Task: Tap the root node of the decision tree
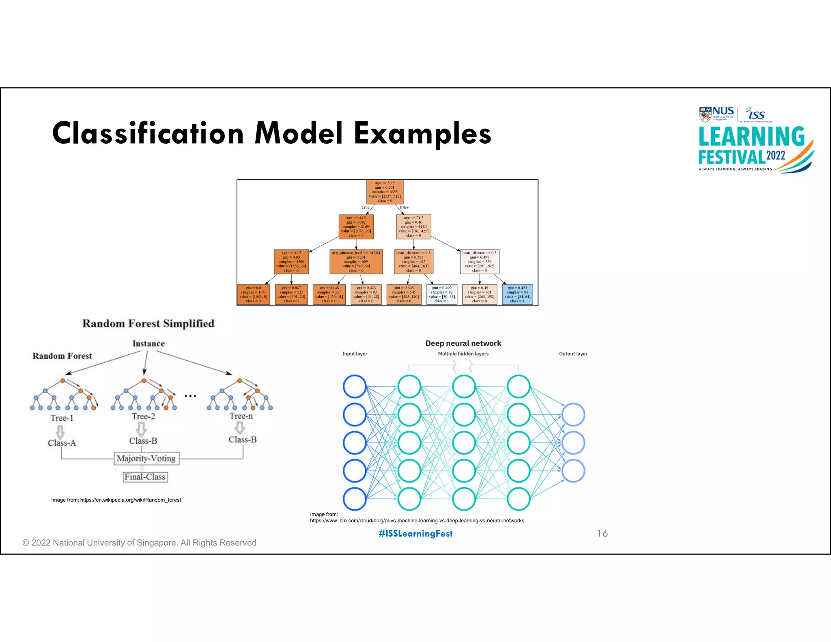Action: pos(385,192)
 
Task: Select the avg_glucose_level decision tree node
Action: pos(356,262)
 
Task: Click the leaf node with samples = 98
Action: pos(517,295)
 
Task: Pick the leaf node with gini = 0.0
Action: pos(253,295)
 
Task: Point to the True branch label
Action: pos(365,207)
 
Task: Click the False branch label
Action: pos(404,207)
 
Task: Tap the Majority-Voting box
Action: pos(146,459)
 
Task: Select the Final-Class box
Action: pos(145,477)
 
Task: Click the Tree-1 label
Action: pos(62,418)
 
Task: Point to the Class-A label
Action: pos(62,443)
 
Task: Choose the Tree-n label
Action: pos(241,416)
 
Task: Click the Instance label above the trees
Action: pos(149,343)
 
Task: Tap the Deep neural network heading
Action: pos(463,343)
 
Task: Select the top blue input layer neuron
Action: pos(355,386)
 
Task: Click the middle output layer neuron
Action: pos(573,443)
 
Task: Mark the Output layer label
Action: pos(573,354)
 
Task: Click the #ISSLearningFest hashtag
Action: pos(415,534)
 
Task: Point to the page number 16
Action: pos(602,534)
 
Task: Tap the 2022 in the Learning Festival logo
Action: pos(775,156)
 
